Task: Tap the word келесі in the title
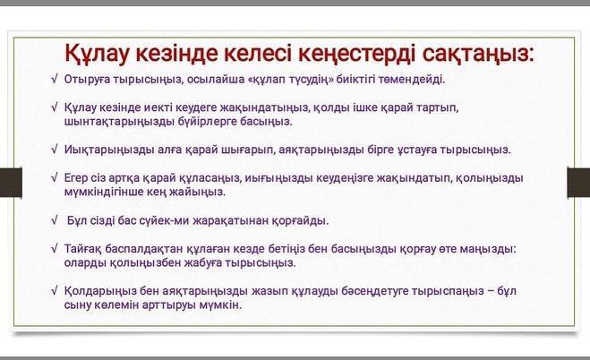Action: (x=257, y=53)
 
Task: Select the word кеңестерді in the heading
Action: (x=356, y=54)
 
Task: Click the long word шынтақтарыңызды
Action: (x=119, y=122)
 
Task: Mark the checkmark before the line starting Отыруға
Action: (x=55, y=80)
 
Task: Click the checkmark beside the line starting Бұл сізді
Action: (x=55, y=220)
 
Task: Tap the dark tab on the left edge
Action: (x=11, y=183)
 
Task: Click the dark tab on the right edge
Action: (x=578, y=183)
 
